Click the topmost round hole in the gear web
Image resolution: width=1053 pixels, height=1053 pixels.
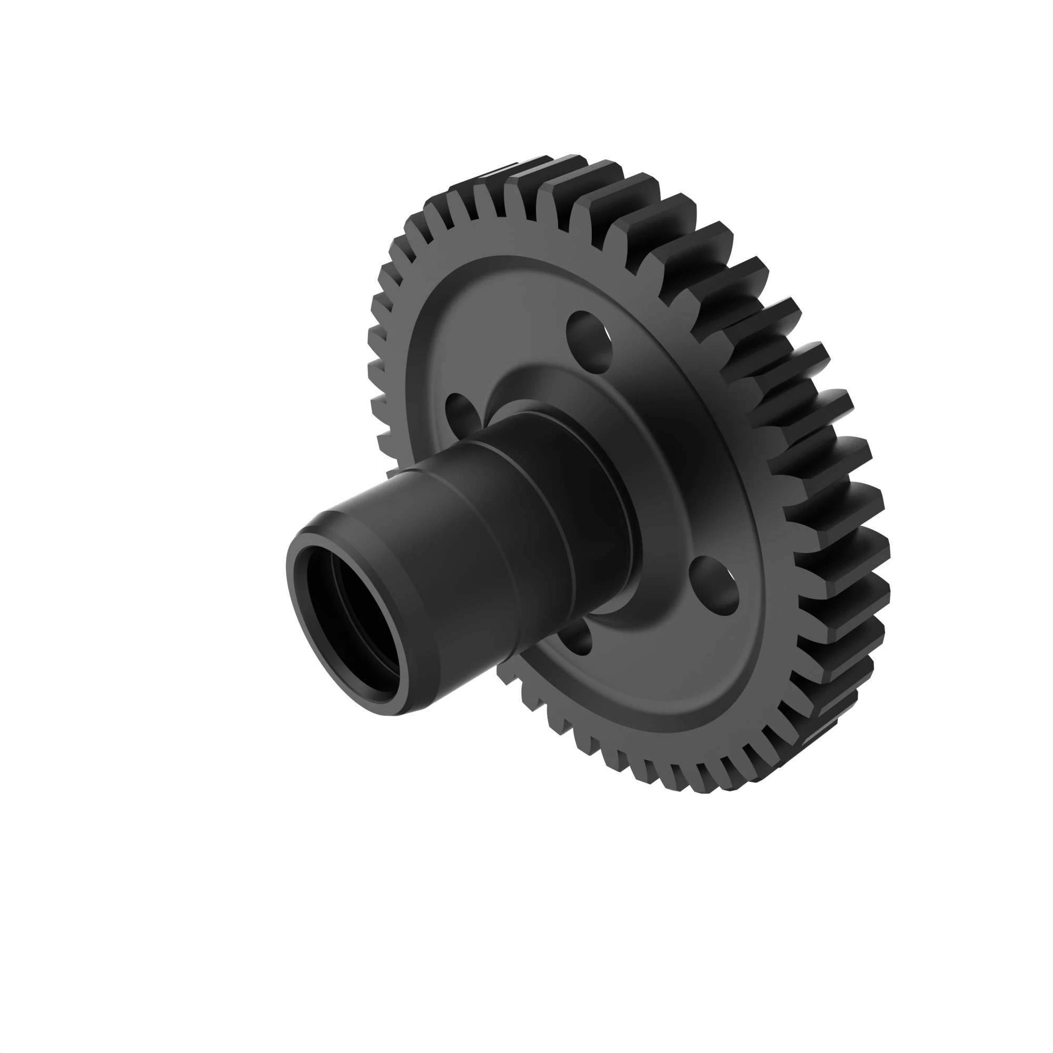click(x=590, y=341)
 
